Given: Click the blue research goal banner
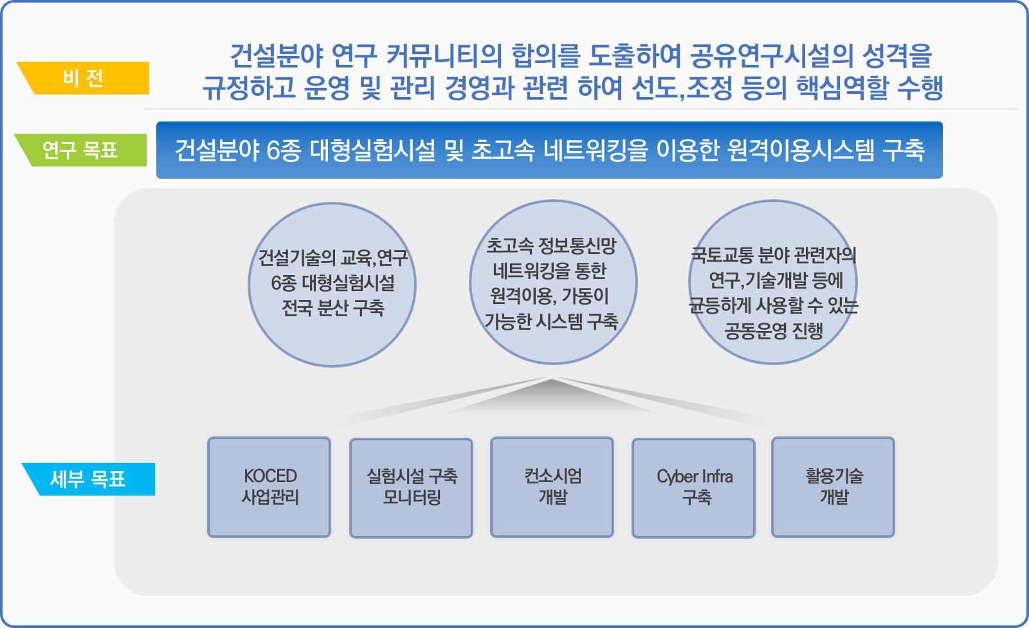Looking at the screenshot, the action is pos(549,150).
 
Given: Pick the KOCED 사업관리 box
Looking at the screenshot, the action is pos(269,487).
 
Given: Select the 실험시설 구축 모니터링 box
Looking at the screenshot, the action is pos(411,487).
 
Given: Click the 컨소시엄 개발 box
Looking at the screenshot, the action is pos(552,487).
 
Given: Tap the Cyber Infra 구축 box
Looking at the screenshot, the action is pos(694,487).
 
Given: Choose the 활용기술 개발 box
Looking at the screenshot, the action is pos(833,487).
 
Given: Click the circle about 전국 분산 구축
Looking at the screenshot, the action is pos(332,285).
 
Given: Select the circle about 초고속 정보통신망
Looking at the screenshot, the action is pos(553,282).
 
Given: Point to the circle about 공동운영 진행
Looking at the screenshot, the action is pos(773,282).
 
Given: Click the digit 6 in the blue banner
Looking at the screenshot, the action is pos(273,150).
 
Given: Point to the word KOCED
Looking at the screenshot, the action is pos(271,476).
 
